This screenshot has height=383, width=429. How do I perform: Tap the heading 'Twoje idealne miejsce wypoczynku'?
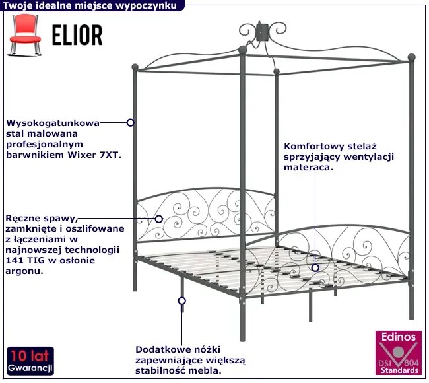pos(89,5)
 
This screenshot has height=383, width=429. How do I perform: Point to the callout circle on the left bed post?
pos(131,122)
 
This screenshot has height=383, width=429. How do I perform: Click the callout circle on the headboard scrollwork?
pos(158,219)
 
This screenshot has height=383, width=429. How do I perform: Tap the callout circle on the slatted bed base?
pos(315,268)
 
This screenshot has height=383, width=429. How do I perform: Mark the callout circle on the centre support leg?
pos(182,300)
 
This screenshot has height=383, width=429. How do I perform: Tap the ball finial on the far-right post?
pos(411,57)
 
